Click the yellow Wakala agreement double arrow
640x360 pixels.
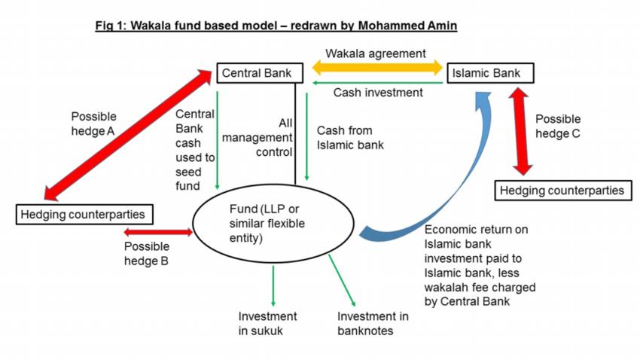click(x=377, y=67)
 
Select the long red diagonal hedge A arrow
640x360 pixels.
click(x=127, y=135)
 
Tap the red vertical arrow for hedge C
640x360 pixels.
click(x=520, y=131)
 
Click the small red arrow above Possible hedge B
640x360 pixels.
click(x=158, y=232)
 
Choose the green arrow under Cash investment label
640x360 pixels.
click(x=377, y=83)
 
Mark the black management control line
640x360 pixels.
click(x=295, y=134)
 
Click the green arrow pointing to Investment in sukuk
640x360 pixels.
click(x=273, y=285)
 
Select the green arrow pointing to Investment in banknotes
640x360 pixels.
click(x=342, y=280)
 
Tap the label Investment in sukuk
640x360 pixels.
click(x=267, y=323)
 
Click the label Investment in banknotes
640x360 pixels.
click(x=373, y=323)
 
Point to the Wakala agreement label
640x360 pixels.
click(x=376, y=53)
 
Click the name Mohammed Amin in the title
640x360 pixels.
click(x=407, y=26)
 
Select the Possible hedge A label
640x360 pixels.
click(x=93, y=124)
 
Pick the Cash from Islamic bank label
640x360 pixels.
click(x=350, y=138)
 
